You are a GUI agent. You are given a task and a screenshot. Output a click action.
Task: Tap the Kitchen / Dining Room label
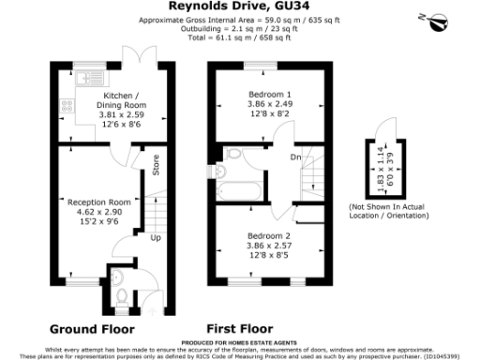point(124,100)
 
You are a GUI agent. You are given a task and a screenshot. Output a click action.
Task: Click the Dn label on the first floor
point(294,157)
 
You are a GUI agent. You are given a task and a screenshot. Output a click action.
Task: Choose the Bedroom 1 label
point(269,96)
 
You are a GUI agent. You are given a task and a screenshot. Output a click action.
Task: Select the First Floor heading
point(238,329)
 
